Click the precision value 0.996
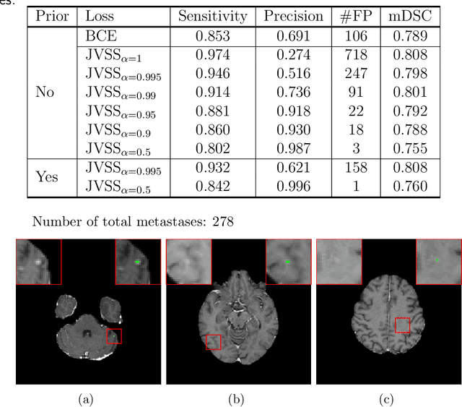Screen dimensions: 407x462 click(292, 187)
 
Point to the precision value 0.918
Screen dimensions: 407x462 click(292, 111)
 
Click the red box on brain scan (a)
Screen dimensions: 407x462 click(114, 335)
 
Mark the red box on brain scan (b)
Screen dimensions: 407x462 click(213, 341)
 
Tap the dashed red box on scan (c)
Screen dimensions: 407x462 click(402, 325)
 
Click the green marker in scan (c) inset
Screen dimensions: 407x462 click(437, 259)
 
